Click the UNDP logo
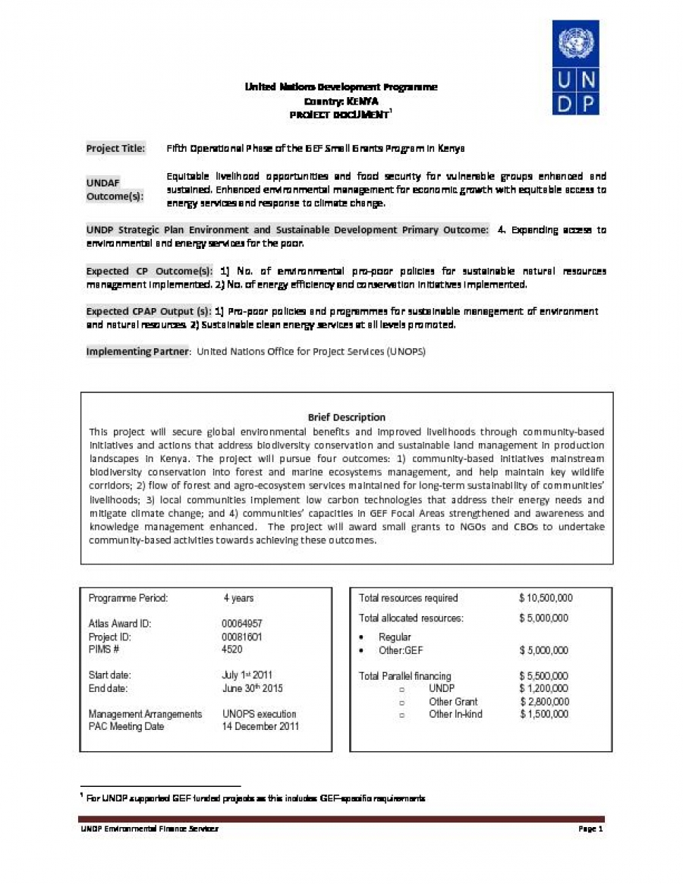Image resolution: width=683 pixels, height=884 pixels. [x=575, y=69]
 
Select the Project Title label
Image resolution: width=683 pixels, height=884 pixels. [x=115, y=149]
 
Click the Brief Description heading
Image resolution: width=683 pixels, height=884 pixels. [x=346, y=417]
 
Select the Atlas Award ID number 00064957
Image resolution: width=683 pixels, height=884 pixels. [x=242, y=624]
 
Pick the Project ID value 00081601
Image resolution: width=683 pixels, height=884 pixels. [x=242, y=637]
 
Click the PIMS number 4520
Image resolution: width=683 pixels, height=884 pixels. [x=232, y=650]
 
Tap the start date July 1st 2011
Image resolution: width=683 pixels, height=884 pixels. [x=247, y=675]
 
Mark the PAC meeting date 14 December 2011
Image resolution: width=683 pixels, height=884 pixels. [x=260, y=726]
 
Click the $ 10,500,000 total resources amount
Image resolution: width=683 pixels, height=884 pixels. [x=546, y=598]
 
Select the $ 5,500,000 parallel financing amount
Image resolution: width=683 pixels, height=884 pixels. [x=543, y=676]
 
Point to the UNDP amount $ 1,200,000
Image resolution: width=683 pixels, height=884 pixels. [x=543, y=688]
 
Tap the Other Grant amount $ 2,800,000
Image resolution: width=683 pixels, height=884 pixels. [x=543, y=701]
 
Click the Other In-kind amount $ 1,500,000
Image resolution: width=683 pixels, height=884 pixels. [x=543, y=714]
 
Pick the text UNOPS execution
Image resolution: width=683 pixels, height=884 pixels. [x=260, y=714]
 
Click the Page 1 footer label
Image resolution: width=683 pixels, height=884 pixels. [x=590, y=829]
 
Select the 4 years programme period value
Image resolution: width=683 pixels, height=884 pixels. [x=238, y=598]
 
